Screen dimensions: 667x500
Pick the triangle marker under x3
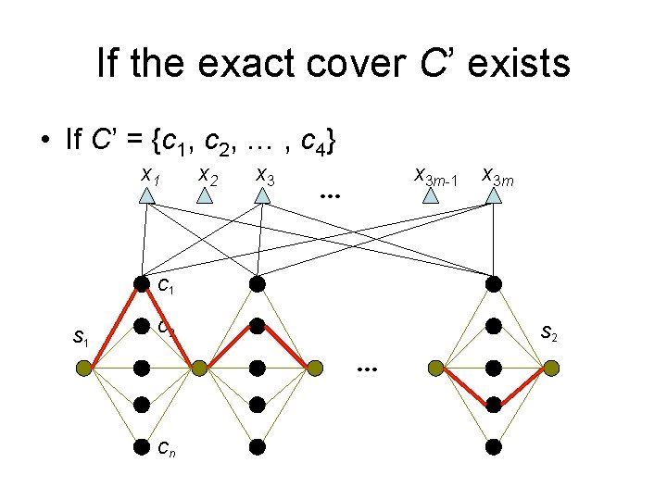pyautogui.click(x=263, y=195)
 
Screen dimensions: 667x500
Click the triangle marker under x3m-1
pyautogui.click(x=430, y=195)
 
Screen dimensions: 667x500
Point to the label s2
pyautogui.click(x=549, y=331)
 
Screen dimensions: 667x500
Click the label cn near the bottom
pyautogui.click(x=168, y=450)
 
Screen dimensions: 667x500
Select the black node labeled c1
pyautogui.click(x=141, y=283)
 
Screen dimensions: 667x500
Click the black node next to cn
pyautogui.click(x=141, y=446)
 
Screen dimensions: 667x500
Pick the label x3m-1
pyautogui.click(x=434, y=175)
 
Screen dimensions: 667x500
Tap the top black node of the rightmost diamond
pyautogui.click(x=494, y=283)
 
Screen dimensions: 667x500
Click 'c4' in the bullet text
pyautogui.click(x=308, y=142)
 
